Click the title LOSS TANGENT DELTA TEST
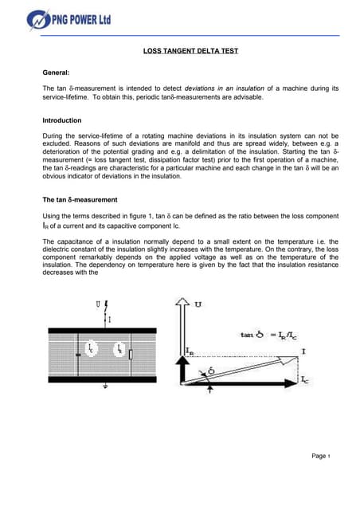click(x=179, y=51)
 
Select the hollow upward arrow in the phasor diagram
click(x=182, y=343)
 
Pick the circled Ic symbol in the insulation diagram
click(x=91, y=350)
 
